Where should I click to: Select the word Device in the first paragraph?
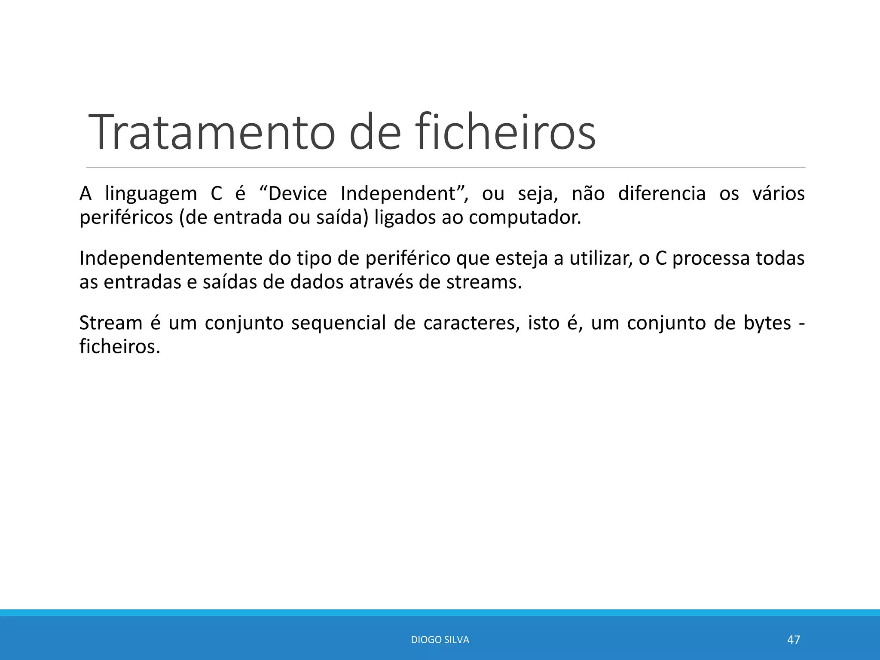[297, 194]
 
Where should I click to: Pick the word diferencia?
[662, 194]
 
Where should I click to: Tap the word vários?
[778, 194]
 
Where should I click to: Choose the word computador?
[525, 217]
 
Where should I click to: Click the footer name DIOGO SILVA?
[440, 640]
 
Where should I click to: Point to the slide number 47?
[793, 640]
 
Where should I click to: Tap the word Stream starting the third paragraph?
[111, 323]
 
